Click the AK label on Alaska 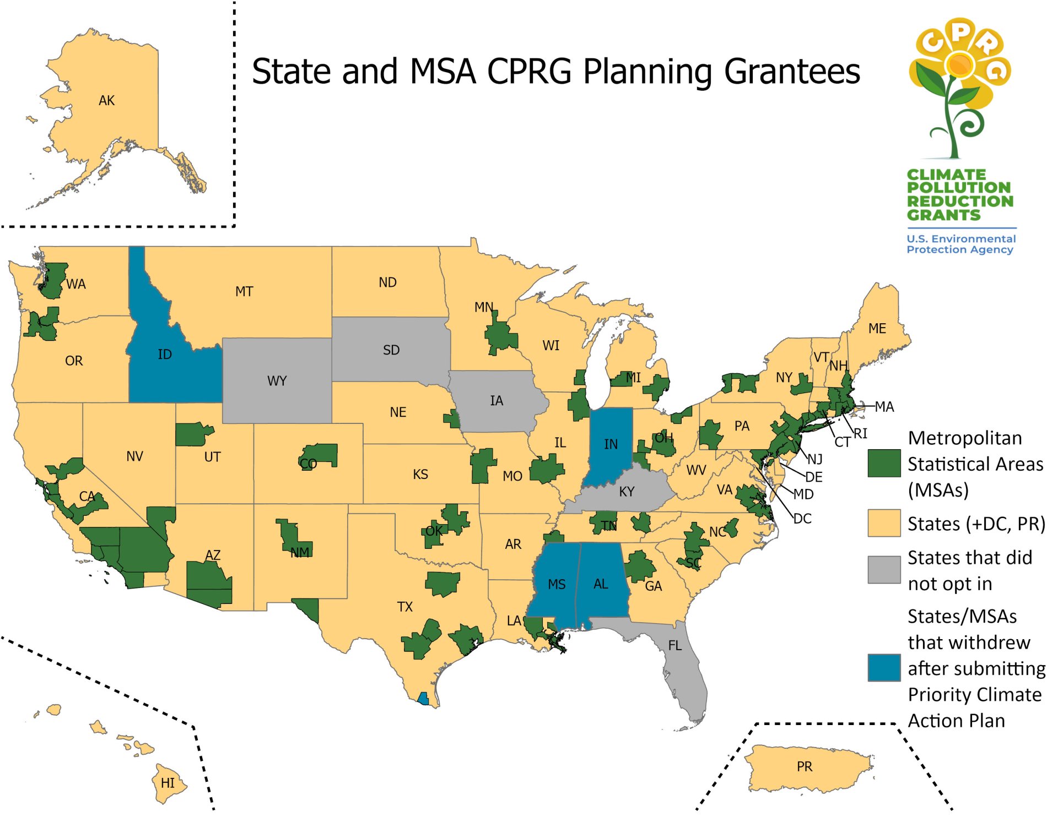pos(106,101)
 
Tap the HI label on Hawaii pos(168,783)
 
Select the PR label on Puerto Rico pos(804,766)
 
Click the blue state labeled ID pos(164,354)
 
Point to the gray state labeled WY pos(277,381)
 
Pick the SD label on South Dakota pos(391,350)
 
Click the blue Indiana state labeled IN pos(611,444)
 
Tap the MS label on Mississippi pos(557,585)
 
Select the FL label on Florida pos(674,646)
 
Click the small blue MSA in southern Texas pos(423,699)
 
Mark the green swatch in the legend pos(884,464)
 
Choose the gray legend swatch pos(884,570)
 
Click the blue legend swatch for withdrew pos(884,668)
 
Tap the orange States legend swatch pos(884,523)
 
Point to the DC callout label pos(802,519)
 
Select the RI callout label pos(860,434)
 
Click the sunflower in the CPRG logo pos(959,65)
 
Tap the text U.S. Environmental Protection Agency pos(960,244)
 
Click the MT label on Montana pos(244,292)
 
